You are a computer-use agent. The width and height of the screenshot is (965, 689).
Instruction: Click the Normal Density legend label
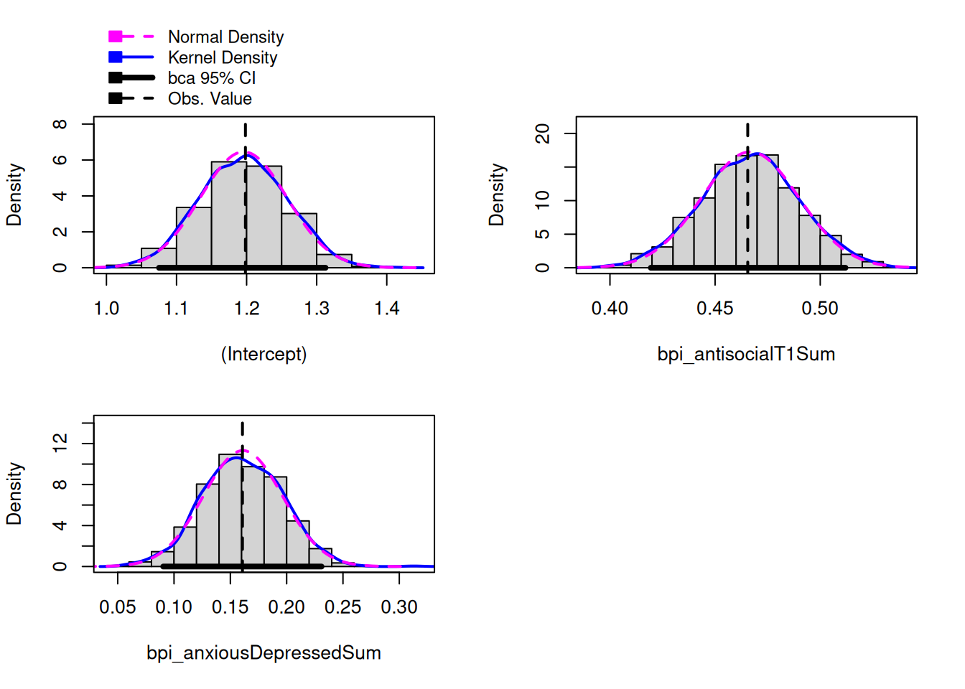click(x=225, y=37)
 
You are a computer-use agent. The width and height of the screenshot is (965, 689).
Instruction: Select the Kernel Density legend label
click(x=223, y=57)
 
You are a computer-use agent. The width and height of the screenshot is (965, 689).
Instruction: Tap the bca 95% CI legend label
click(x=212, y=78)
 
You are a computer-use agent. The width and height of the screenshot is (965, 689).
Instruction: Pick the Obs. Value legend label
click(x=210, y=99)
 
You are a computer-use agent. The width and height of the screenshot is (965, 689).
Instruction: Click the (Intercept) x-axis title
click(x=264, y=354)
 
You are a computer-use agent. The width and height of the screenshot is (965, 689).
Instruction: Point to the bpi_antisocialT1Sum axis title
click(x=746, y=354)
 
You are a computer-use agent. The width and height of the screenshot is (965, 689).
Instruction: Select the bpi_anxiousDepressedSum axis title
click(x=264, y=653)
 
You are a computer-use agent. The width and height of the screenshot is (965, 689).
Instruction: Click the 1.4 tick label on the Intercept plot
click(x=386, y=309)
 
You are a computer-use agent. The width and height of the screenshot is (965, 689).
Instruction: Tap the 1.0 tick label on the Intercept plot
click(x=106, y=309)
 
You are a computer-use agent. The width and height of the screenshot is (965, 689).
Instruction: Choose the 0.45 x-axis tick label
click(x=714, y=309)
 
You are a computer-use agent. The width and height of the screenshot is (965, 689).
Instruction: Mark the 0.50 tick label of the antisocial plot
click(x=820, y=309)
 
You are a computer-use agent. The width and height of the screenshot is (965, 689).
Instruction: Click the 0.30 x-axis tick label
click(x=399, y=607)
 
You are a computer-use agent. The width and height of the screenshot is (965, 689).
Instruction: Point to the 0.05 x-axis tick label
click(x=118, y=607)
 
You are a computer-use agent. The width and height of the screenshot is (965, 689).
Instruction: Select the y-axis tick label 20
click(x=543, y=133)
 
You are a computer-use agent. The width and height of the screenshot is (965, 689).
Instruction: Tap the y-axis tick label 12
click(x=60, y=443)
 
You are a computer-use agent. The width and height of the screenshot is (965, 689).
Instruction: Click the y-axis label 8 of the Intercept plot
click(x=60, y=124)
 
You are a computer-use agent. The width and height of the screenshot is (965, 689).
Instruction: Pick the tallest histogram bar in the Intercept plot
click(x=229, y=215)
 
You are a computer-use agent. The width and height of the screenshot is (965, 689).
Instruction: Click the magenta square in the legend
click(x=115, y=37)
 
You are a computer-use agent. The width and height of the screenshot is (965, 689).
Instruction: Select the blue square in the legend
click(x=115, y=57)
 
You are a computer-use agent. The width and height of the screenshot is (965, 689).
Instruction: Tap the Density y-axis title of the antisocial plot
click(x=496, y=194)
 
